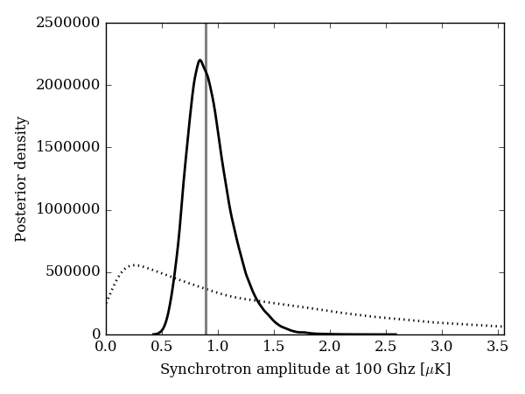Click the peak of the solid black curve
199,60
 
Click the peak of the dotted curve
135,264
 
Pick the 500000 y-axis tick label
73,272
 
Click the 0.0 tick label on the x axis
106,346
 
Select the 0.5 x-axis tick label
162,346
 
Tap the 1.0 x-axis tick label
218,346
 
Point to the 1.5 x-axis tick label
274,346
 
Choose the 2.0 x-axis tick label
330,346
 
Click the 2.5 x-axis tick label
386,346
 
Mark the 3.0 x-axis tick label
442,346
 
